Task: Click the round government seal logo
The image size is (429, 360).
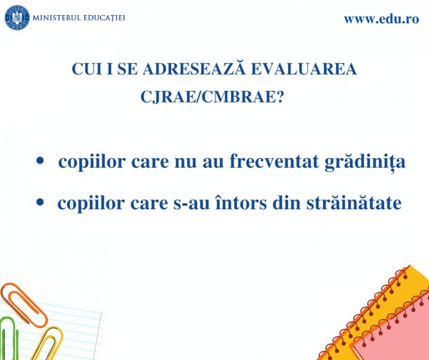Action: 17,18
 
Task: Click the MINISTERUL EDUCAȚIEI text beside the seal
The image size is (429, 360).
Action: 79,18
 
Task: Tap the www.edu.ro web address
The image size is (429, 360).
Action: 381,19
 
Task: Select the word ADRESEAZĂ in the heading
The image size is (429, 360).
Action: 194,68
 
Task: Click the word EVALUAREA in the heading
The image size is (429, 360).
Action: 304,69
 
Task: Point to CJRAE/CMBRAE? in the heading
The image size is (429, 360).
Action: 212,97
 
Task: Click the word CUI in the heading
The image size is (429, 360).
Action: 87,69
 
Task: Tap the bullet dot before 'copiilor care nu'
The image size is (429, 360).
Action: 40,161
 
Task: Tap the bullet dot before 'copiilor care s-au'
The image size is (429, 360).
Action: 40,202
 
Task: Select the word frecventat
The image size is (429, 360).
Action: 274,161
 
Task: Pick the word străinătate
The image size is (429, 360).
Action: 354,203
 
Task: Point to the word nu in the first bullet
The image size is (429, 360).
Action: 186,163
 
